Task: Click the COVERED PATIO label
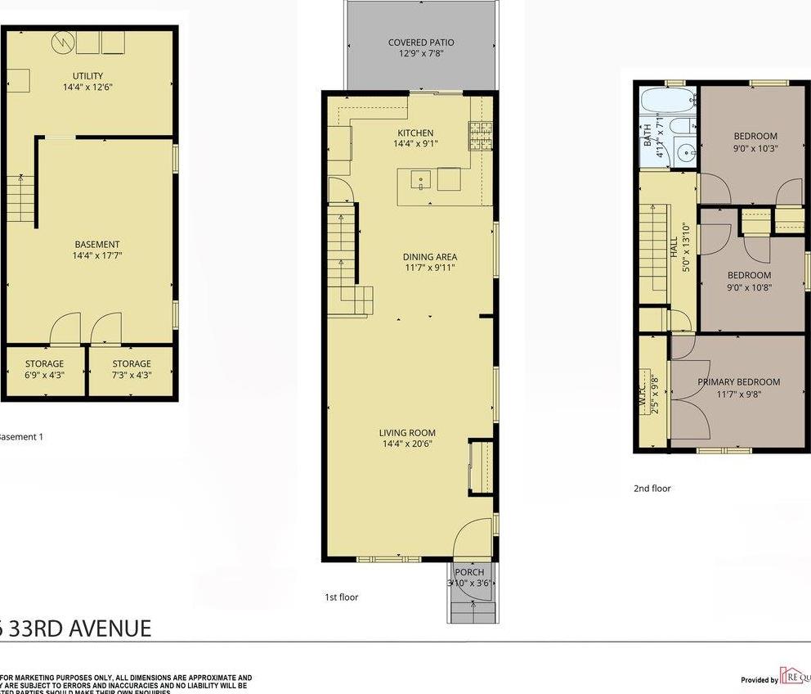pos(421,43)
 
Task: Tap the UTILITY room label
pos(87,76)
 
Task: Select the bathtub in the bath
pos(667,101)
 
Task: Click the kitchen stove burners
pos(480,136)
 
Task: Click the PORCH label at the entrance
pos(469,572)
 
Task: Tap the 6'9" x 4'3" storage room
pos(43,369)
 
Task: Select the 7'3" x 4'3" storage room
pos(132,369)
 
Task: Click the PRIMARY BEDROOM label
pos(738,381)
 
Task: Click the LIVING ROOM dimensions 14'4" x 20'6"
pos(407,444)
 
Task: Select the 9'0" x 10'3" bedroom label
pos(755,136)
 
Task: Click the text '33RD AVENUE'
pos(83,629)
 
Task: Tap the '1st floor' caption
pos(341,597)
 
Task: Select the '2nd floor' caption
pos(652,489)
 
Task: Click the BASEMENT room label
pos(97,244)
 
